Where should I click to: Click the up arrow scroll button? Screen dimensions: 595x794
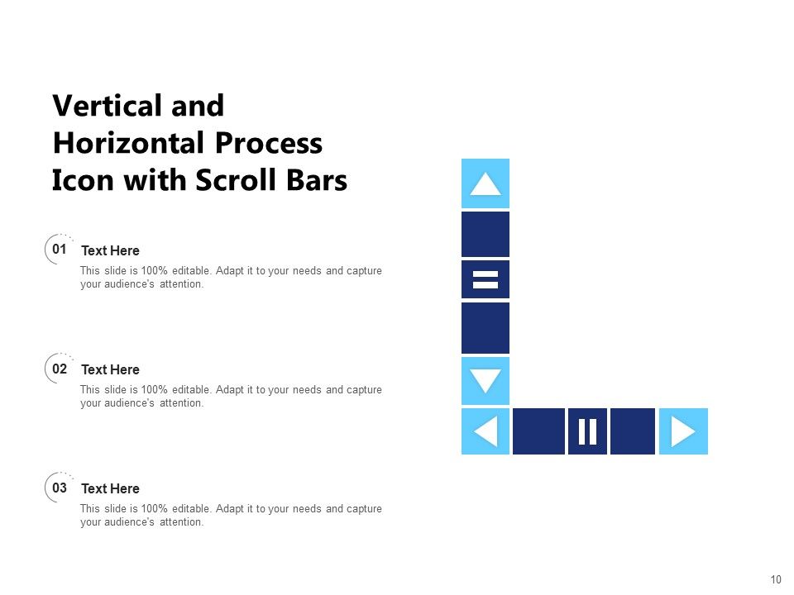(485, 183)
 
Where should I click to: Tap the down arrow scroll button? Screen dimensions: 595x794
(485, 381)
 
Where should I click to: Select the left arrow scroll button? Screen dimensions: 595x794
(485, 431)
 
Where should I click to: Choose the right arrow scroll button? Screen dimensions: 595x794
(683, 431)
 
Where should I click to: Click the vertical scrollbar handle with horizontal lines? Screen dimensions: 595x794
(485, 279)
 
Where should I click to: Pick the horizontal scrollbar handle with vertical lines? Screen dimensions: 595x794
(587, 431)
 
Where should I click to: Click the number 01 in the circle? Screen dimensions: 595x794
(60, 249)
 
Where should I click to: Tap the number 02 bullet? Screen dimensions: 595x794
(60, 369)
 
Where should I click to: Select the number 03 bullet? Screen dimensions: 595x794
(60, 488)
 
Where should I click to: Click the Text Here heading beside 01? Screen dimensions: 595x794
(110, 250)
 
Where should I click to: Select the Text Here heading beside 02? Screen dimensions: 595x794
(110, 369)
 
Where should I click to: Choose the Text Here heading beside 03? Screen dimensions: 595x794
(110, 488)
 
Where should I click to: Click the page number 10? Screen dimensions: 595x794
(775, 579)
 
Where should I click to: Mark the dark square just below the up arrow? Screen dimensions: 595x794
(485, 234)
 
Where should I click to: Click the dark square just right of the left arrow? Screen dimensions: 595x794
(538, 431)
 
